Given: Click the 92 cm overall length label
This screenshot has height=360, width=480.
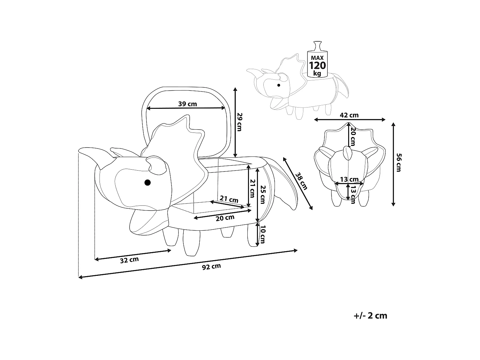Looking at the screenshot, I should point(212,267).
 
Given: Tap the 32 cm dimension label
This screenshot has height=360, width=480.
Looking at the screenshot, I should point(129,260).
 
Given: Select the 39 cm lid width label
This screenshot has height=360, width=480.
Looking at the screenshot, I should point(187,104).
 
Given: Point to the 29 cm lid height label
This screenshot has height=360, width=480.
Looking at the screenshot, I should point(241,122).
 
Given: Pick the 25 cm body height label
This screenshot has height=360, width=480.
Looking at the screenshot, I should point(263,194).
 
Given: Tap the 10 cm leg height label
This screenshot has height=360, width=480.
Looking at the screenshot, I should point(262,235).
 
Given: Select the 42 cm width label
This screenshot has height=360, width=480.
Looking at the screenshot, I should point(349,115).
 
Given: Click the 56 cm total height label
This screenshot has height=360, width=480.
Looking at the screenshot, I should point(398,163).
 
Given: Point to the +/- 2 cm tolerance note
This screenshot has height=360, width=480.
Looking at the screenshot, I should point(371,316).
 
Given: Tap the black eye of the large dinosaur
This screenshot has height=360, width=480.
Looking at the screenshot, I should point(147,182).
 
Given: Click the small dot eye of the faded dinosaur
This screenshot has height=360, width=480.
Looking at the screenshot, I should point(279,85).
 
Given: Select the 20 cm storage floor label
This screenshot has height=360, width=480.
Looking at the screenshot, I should point(225,218).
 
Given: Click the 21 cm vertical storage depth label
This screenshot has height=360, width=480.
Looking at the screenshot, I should point(253,188).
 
